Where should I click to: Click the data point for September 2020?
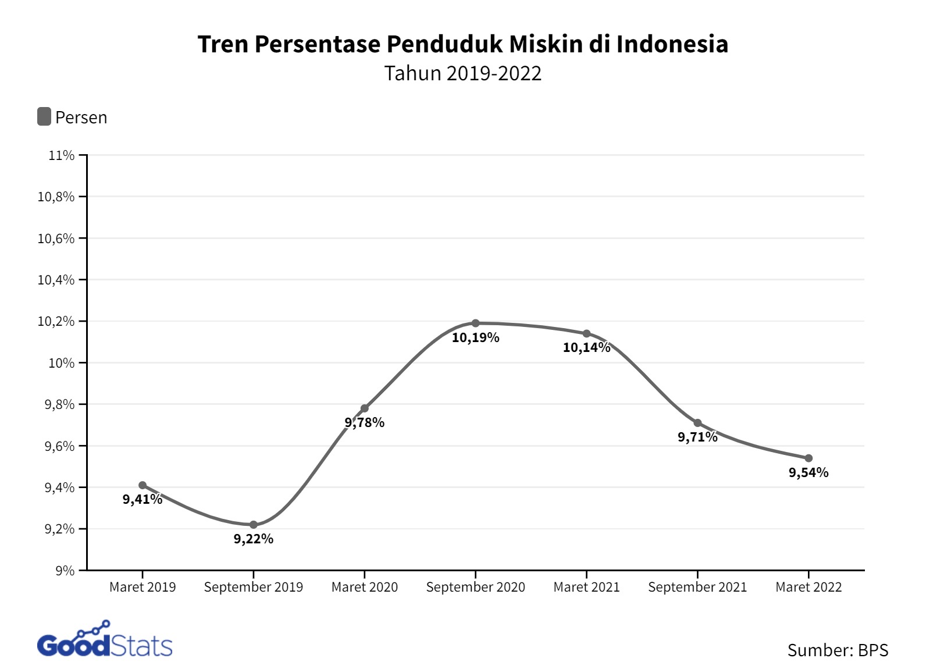pos(475,323)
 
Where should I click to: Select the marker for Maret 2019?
pos(143,485)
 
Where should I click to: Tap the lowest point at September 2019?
pos(254,525)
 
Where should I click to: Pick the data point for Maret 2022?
pos(809,458)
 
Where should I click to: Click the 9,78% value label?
pos(365,423)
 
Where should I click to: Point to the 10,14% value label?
pos(586,348)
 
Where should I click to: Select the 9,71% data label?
pos(697,437)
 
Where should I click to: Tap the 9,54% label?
pos(809,473)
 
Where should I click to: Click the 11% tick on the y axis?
pos(62,155)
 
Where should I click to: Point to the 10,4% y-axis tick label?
pos(56,280)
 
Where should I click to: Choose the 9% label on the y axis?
pos(65,571)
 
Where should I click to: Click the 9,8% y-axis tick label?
pos(59,404)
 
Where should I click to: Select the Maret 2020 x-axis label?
pos(365,587)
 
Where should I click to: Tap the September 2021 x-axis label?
pos(697,587)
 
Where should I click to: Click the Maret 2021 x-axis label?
pos(586,587)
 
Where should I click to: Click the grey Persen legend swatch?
pos(44,117)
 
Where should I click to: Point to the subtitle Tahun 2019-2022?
pos(462,73)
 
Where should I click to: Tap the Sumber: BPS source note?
pos(838,650)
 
